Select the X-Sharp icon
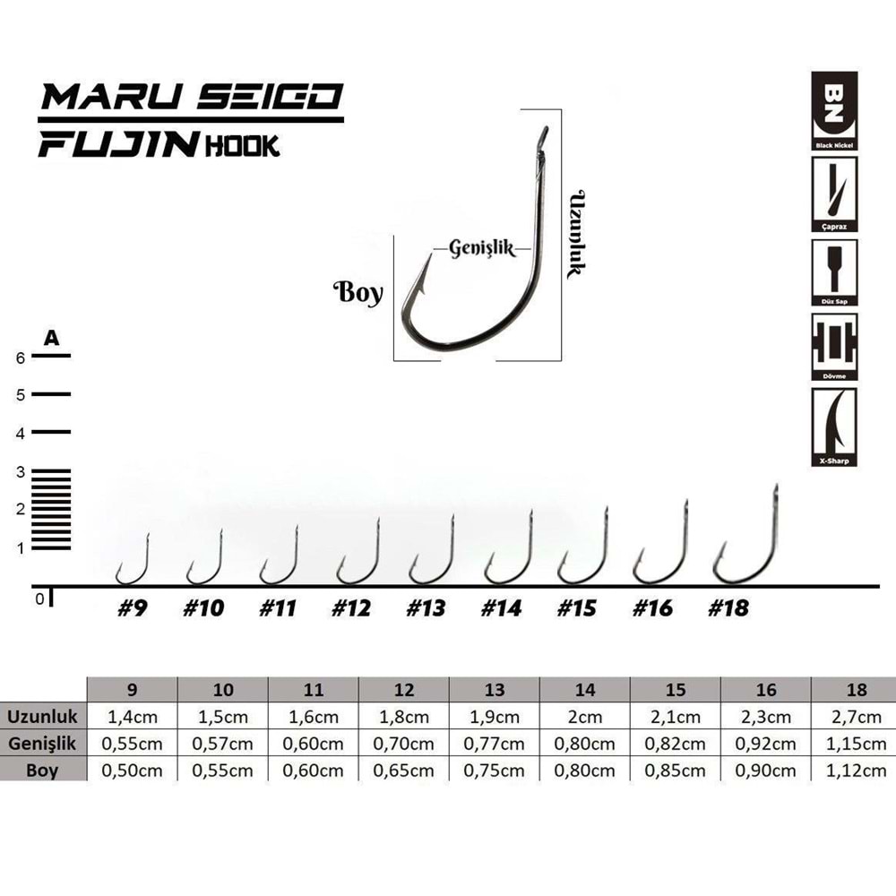tap(834, 427)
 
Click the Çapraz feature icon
tap(834, 192)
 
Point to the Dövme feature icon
tap(834, 347)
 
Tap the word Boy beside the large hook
tap(358, 293)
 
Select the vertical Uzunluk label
tap(576, 233)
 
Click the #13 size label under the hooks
tap(426, 608)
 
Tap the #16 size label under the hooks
tap(652, 608)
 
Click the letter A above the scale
tap(52, 338)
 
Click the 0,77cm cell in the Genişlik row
tap(495, 744)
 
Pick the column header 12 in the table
tap(404, 690)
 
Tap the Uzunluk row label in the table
tap(44, 717)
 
